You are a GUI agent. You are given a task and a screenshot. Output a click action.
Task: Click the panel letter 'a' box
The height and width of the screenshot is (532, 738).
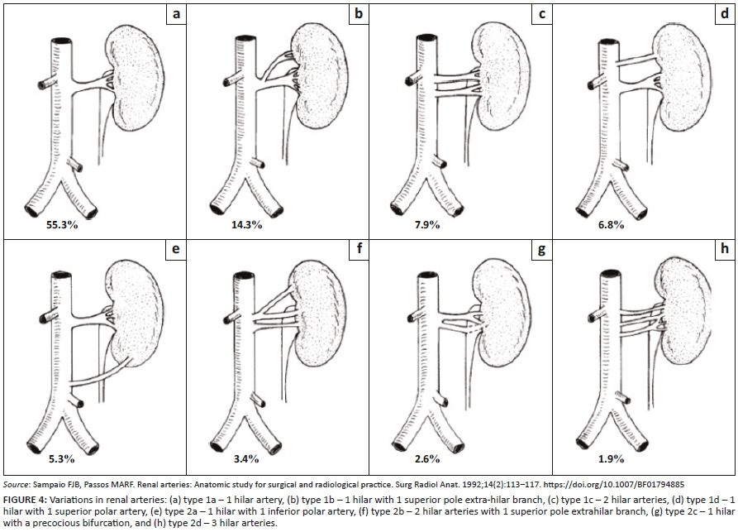tap(175, 14)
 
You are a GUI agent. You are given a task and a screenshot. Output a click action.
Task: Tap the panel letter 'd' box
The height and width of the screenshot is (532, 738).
tap(724, 14)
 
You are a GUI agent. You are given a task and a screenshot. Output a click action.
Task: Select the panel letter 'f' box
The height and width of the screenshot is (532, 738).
tap(358, 247)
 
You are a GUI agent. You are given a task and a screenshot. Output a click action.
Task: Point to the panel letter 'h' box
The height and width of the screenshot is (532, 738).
tap(724, 247)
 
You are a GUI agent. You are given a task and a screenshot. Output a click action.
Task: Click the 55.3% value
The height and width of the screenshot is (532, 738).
tap(61, 224)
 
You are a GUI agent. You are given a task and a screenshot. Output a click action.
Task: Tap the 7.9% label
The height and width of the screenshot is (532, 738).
tap(428, 224)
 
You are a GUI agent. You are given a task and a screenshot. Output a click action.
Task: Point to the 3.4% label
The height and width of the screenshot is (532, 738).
tap(245, 458)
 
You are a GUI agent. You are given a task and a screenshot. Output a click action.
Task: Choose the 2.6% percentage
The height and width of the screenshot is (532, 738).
tap(428, 458)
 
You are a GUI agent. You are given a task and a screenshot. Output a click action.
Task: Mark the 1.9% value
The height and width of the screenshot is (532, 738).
tap(612, 458)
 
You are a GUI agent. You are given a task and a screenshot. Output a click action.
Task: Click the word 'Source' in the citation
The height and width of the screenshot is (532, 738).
tap(17, 482)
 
